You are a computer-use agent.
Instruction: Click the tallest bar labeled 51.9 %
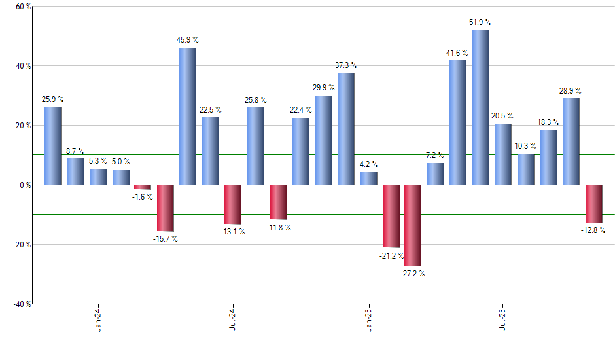480,107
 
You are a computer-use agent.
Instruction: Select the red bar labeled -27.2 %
412,225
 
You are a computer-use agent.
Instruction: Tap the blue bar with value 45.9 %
187,116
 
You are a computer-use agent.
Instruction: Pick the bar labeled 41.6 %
458,122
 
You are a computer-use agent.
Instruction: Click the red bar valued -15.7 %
165,207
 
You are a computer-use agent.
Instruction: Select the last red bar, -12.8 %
593,204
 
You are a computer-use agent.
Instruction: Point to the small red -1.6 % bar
143,187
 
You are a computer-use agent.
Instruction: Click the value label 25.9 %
53,99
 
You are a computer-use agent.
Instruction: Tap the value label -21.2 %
391,256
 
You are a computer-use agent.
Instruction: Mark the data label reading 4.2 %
368,164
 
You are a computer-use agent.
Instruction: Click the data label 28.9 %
571,90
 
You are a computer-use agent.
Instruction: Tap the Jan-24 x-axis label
98,321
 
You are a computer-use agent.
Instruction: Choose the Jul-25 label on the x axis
502,321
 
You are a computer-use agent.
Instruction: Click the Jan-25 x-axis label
368,321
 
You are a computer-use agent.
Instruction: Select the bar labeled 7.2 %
435,173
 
